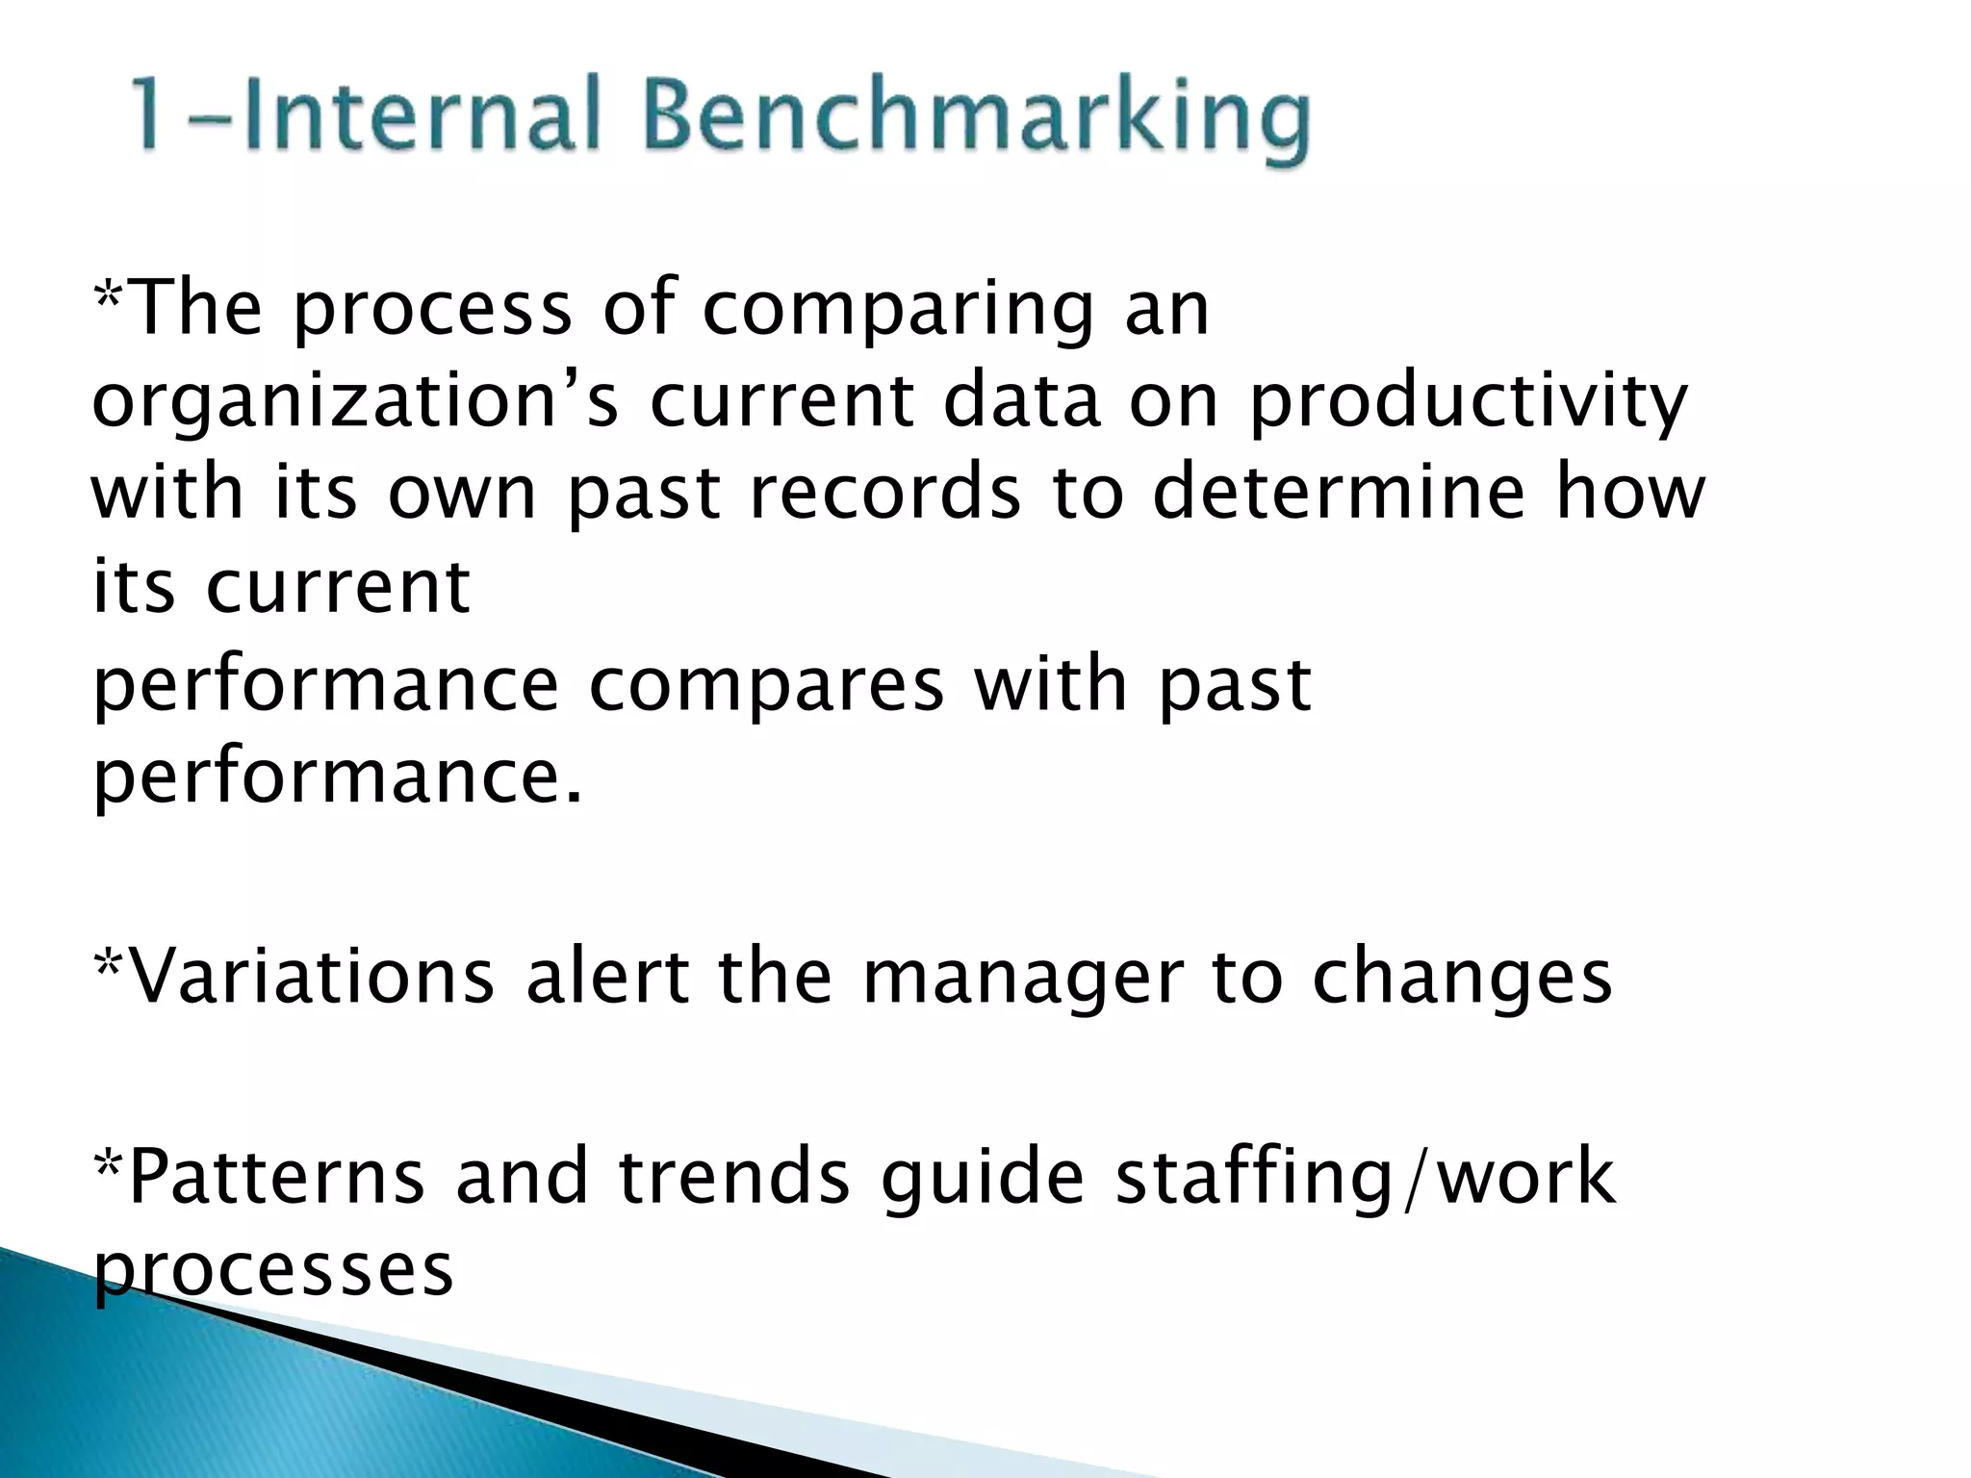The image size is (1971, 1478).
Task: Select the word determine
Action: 1339,493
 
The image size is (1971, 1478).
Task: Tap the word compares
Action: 766,685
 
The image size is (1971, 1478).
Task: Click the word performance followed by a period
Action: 337,777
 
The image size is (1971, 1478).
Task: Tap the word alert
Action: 607,978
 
